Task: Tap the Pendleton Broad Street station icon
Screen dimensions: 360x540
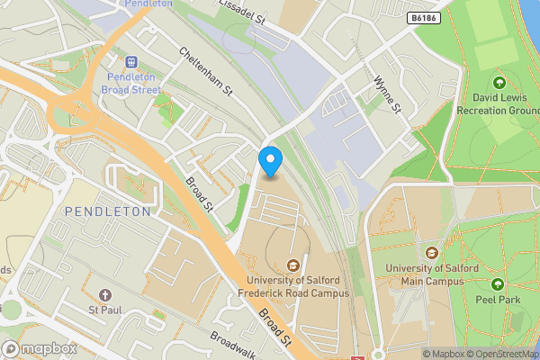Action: click(132, 61)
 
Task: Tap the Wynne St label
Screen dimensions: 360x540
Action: click(386, 93)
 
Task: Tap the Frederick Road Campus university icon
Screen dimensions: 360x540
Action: click(292, 265)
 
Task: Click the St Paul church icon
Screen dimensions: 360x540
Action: click(105, 296)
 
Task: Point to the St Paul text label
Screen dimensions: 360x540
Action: click(105, 312)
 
